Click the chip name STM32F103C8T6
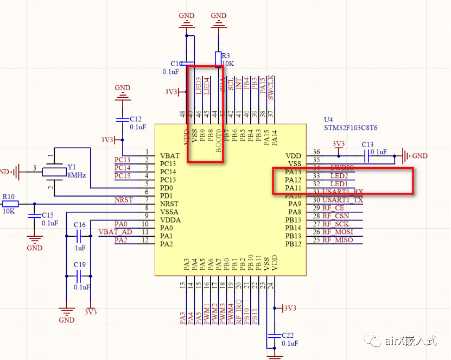click(x=351, y=128)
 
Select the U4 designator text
click(x=328, y=119)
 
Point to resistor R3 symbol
click(x=218, y=58)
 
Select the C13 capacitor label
click(x=367, y=144)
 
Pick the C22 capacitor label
click(x=288, y=335)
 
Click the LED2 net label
click(x=339, y=176)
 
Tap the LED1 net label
click(x=339, y=185)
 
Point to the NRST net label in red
click(x=123, y=200)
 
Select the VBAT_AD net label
click(x=115, y=232)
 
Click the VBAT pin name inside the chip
click(x=170, y=155)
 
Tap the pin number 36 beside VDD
click(x=316, y=152)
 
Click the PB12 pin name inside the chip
click(x=293, y=244)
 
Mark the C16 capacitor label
click(x=80, y=224)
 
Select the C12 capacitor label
click(x=136, y=119)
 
